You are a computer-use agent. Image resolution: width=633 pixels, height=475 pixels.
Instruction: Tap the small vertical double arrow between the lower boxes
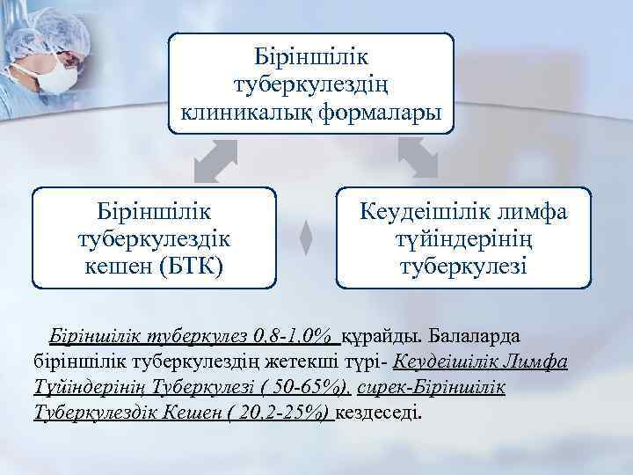[306, 237]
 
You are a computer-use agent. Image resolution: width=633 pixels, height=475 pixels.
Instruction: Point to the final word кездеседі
[379, 413]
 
